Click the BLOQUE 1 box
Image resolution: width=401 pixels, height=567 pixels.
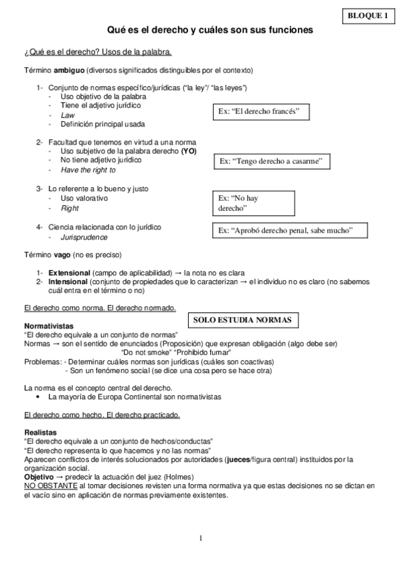click(x=368, y=15)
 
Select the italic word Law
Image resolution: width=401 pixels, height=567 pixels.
click(x=67, y=115)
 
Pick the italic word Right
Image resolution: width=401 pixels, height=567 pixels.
click(x=70, y=209)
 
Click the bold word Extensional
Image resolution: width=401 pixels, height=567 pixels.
click(x=69, y=273)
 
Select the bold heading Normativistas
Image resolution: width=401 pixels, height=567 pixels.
click(x=48, y=325)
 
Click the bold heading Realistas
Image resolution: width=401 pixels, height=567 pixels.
click(x=40, y=432)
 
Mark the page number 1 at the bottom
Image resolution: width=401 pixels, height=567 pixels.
click(x=200, y=538)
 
